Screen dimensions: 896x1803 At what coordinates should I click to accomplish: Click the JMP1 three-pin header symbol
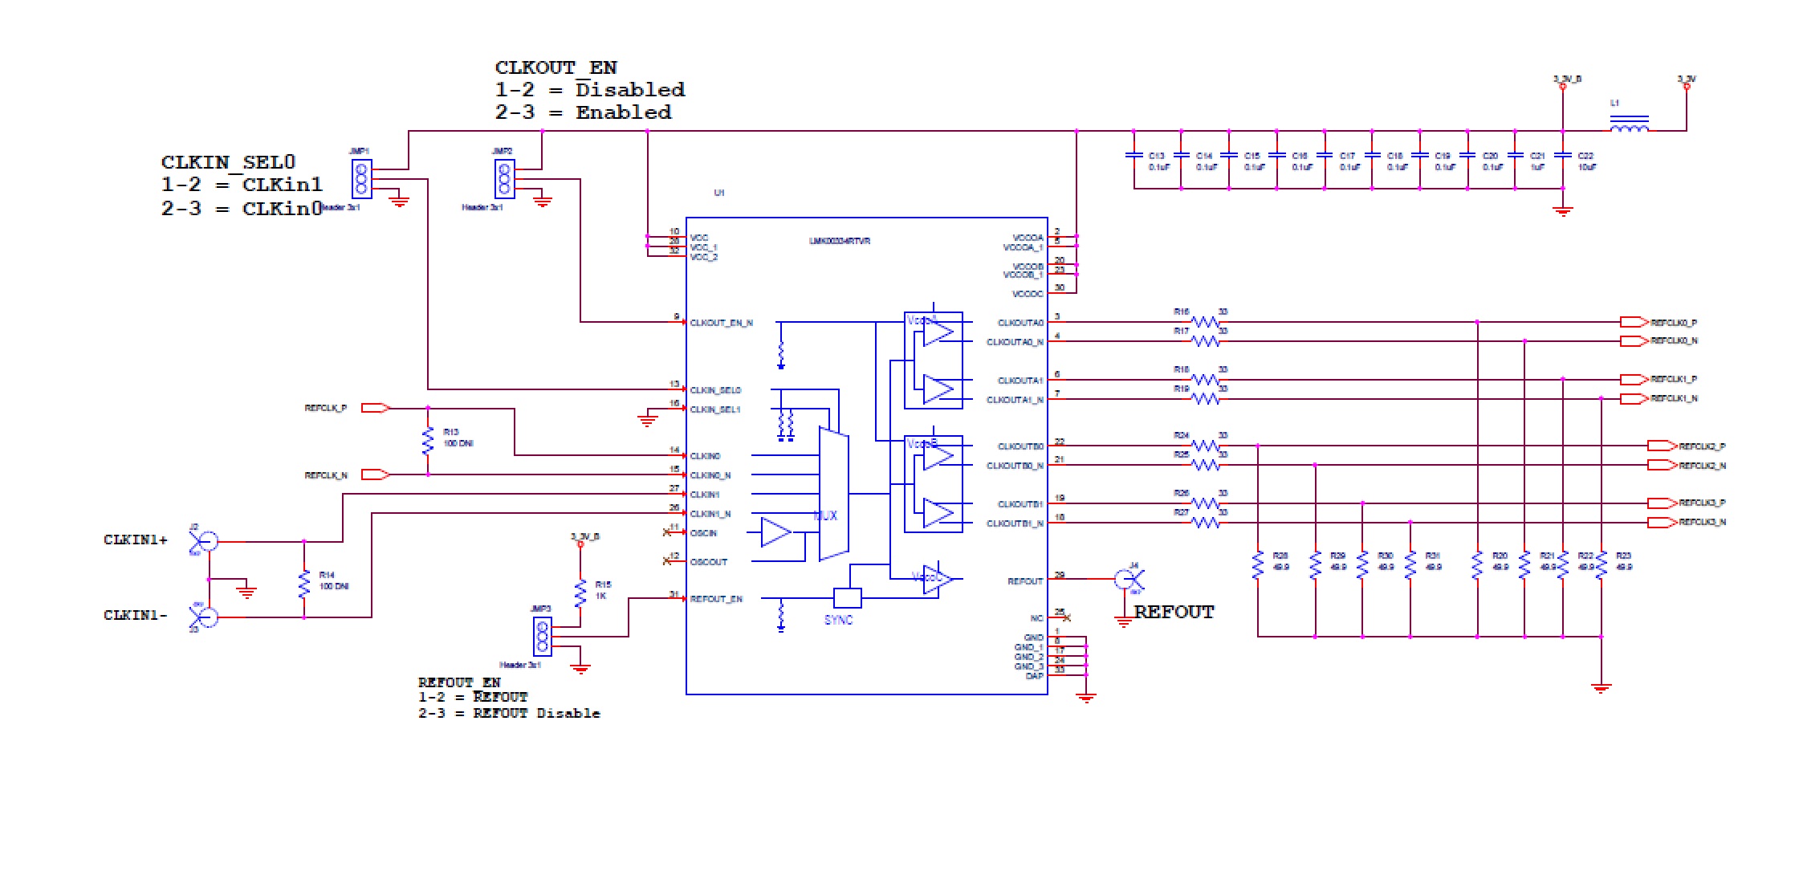[x=361, y=178]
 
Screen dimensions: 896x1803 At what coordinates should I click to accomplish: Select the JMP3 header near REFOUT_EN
[x=543, y=636]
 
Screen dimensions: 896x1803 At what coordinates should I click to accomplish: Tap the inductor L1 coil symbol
[x=1630, y=126]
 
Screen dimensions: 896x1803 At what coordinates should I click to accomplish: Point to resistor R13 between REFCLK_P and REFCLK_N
[x=428, y=442]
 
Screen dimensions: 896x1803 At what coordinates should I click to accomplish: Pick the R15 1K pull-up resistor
[x=580, y=593]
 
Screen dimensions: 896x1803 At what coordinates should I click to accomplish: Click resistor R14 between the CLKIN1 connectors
[x=304, y=584]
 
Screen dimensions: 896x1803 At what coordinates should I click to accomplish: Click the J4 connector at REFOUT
[x=1129, y=579]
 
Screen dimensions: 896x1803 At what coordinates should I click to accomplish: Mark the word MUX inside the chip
[x=825, y=515]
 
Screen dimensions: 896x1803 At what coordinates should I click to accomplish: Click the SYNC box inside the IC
[x=848, y=598]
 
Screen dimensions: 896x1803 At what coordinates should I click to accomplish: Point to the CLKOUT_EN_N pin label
[x=722, y=323]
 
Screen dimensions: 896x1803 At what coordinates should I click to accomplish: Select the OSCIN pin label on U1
[x=704, y=533]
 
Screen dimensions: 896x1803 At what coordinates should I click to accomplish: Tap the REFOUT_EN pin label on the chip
[x=716, y=599]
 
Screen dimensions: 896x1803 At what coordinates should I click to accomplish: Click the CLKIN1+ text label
[x=136, y=540]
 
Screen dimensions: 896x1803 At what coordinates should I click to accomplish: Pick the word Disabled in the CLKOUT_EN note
[x=630, y=90]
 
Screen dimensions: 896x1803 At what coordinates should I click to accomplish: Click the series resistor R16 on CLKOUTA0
[x=1205, y=322]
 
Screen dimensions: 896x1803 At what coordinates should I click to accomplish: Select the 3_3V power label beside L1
[x=1686, y=79]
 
